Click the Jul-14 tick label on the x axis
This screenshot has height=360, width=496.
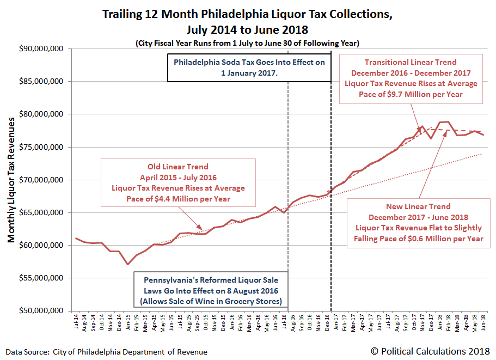pos(76,321)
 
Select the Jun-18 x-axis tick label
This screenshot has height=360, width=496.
pos(482,321)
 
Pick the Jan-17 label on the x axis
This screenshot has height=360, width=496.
pos(335,321)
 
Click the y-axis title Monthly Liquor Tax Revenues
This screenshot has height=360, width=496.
pos(11,180)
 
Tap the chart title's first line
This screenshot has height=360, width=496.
pos(248,14)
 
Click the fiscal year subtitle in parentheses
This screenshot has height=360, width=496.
pos(248,42)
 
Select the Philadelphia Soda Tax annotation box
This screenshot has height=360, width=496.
pos(249,67)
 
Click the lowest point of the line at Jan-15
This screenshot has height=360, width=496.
pos(128,264)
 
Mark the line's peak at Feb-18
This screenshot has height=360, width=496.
pos(448,122)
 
